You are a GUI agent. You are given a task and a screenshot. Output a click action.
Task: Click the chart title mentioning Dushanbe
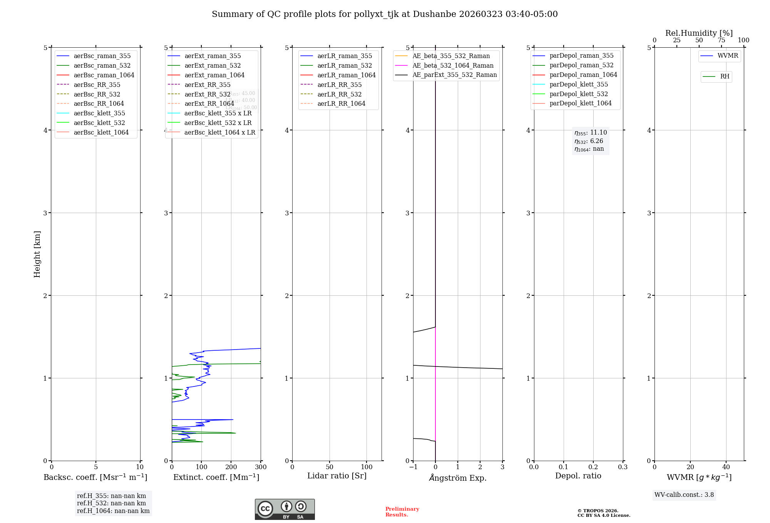click(x=385, y=14)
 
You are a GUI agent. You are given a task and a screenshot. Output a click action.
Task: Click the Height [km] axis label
click(x=37, y=254)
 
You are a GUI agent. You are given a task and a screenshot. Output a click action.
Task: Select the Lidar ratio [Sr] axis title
click(x=337, y=476)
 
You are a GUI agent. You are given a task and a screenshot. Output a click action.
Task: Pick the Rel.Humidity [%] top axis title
click(x=699, y=33)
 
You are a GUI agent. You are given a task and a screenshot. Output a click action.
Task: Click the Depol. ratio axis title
click(x=578, y=476)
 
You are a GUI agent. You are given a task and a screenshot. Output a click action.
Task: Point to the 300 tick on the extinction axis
click(x=261, y=467)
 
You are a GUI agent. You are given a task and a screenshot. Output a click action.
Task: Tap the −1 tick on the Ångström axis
click(x=413, y=467)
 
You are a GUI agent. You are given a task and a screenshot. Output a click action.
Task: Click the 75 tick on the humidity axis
click(x=721, y=40)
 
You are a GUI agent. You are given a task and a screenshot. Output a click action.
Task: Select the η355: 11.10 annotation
click(x=591, y=133)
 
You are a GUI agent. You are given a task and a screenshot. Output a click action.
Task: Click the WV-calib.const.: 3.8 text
click(x=684, y=495)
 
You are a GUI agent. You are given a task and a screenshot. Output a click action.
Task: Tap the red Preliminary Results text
click(x=402, y=512)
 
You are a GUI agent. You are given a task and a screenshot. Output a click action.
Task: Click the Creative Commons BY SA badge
click(x=285, y=510)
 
